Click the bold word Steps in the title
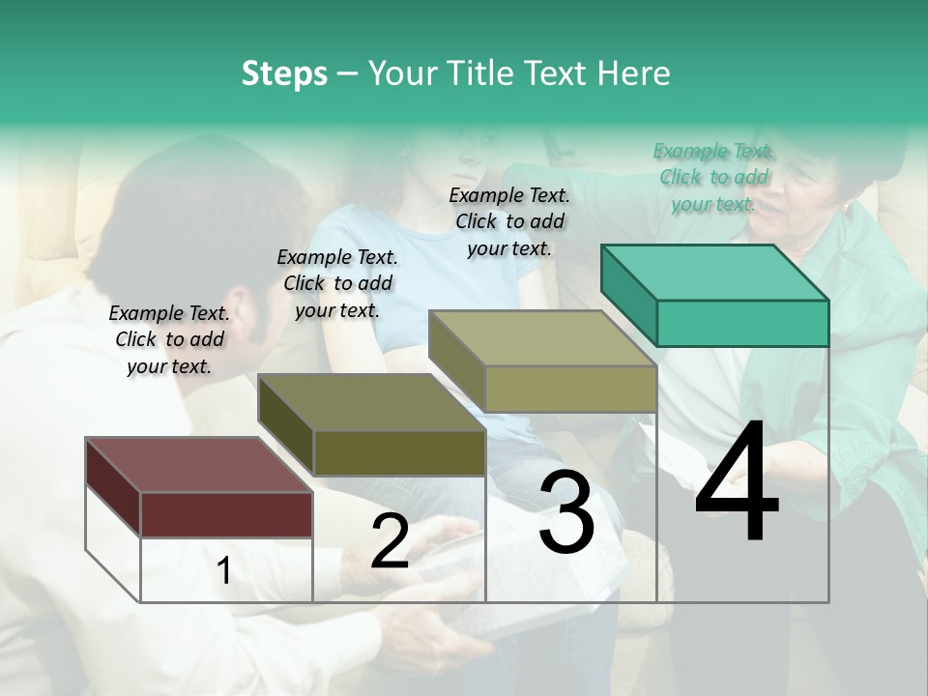click(284, 73)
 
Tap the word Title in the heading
click(480, 73)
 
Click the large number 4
click(737, 483)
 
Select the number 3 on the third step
click(566, 512)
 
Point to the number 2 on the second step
click(391, 541)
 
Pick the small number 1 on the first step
click(223, 571)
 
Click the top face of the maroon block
click(198, 465)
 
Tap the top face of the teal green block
click(713, 273)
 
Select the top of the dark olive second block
click(371, 402)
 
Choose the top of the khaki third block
click(542, 338)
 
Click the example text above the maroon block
click(169, 339)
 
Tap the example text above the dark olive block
click(337, 283)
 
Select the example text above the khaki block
click(509, 221)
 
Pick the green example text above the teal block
click(713, 177)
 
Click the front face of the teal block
click(742, 323)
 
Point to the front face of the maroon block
click(226, 514)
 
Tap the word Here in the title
click(633, 73)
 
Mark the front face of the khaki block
click(570, 389)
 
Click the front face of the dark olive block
click(399, 452)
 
